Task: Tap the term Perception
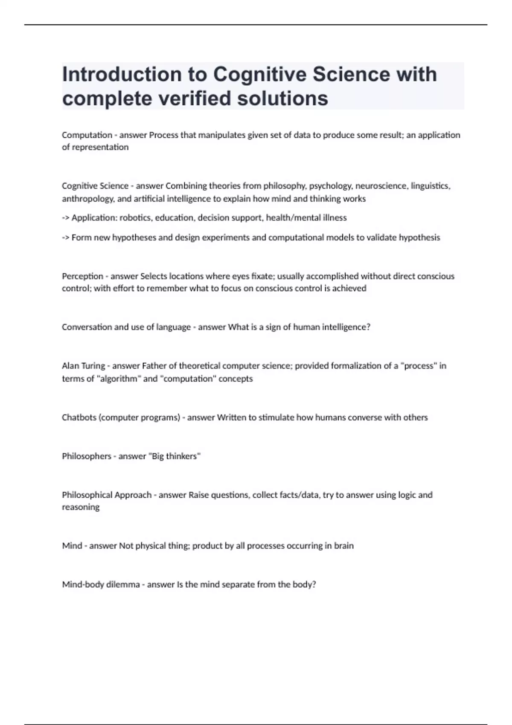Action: pyautogui.click(x=82, y=276)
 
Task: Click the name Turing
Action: pyautogui.click(x=93, y=366)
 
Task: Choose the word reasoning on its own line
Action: pyautogui.click(x=81, y=507)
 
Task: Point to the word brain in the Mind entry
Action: pyautogui.click(x=344, y=546)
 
